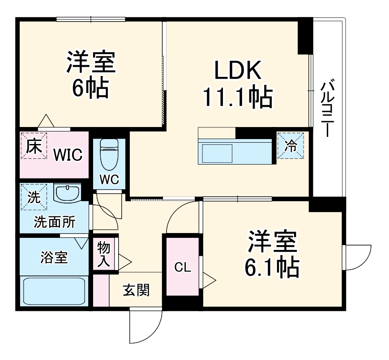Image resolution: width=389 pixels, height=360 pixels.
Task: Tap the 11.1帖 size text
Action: point(238,97)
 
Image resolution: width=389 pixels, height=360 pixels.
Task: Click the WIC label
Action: point(68,155)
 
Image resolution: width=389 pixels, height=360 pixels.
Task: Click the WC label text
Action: point(109,179)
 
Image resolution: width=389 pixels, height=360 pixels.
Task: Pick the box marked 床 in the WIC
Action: point(34,146)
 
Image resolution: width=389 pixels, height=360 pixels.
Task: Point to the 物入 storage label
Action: point(104,255)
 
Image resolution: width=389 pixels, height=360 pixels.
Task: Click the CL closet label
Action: point(182,268)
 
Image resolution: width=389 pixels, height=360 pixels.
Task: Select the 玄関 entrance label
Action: point(137,290)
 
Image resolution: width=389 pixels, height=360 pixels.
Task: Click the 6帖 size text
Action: point(91,88)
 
